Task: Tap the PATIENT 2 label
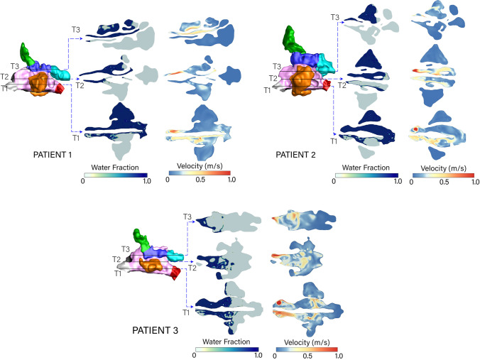pos(294,152)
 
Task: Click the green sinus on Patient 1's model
pos(27,52)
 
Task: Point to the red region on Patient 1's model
pos(61,88)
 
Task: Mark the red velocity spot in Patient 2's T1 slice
pos(417,129)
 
